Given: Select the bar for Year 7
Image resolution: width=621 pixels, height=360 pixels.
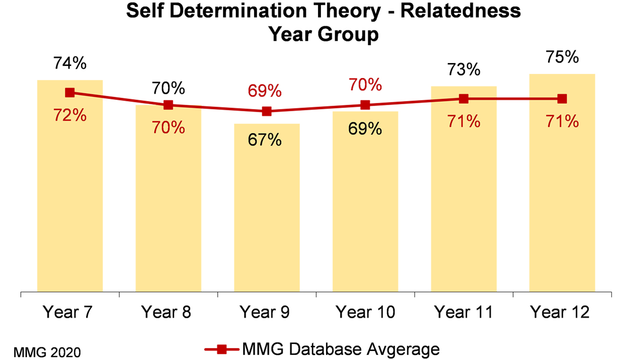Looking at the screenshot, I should tap(70, 199).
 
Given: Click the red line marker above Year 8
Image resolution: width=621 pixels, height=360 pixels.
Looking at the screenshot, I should tap(168, 105).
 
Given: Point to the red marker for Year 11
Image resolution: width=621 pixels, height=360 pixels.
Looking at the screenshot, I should tap(463, 99).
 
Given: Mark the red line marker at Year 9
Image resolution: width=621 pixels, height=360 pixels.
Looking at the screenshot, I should tap(267, 111).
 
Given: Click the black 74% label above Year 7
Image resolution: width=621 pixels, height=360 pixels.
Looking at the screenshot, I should tap(70, 63).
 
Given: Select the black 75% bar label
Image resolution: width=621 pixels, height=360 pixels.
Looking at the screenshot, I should tap(562, 57).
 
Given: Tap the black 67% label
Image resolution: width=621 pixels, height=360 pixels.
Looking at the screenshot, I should tap(267, 140).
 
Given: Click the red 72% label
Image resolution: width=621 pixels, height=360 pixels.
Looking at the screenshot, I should tap(70, 115).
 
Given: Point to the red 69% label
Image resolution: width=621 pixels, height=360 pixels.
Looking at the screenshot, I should tap(267, 90).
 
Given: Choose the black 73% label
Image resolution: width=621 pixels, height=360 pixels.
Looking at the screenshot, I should tap(463, 70).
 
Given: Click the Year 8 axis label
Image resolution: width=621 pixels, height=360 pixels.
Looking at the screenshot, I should tap(168, 313).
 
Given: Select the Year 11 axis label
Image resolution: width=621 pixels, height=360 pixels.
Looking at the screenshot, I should tap(463, 313).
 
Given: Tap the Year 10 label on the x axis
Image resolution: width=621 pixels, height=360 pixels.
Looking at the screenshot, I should tap(365, 313).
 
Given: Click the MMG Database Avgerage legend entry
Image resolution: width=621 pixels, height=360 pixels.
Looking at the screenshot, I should tap(322, 350).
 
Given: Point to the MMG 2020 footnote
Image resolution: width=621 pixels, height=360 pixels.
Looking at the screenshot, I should tap(47, 352).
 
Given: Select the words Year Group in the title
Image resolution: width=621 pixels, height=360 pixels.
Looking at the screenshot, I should tap(324, 35).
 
